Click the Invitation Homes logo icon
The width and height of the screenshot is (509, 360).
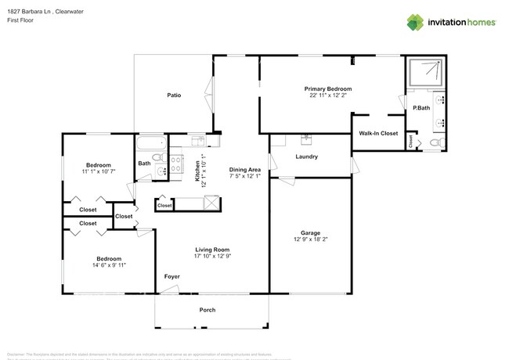[x=413, y=22]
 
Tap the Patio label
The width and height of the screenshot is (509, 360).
[x=174, y=95]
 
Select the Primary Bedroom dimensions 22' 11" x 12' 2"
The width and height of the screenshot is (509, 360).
[x=327, y=96]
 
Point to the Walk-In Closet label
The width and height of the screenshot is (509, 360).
[x=378, y=134]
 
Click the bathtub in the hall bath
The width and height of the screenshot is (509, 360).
[x=151, y=142]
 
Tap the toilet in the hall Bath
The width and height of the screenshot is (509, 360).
[x=160, y=171]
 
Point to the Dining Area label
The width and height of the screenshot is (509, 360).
[x=244, y=170]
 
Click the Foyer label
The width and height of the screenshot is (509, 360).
[x=171, y=276]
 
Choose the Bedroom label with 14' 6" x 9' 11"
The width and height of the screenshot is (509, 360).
[x=108, y=258]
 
